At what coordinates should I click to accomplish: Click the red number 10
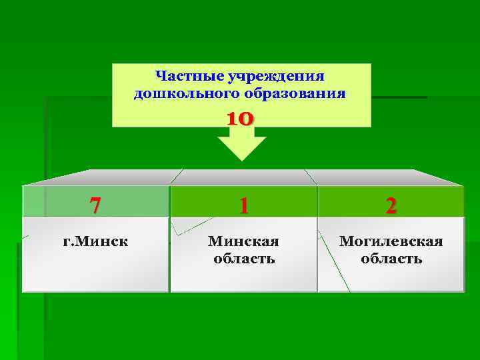coord(240,119)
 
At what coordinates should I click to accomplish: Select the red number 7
coord(95,205)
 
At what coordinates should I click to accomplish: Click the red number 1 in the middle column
coord(244,205)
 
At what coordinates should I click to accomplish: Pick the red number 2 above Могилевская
coord(391,205)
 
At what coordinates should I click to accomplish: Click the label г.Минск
coord(95,241)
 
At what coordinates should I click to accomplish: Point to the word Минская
coord(243,241)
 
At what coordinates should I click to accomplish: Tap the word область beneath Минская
coord(244,258)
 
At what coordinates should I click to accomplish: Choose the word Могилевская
coord(391,241)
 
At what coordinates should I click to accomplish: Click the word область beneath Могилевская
coord(391,258)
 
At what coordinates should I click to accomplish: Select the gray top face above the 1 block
coord(244,177)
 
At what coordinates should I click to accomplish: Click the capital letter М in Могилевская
coord(345,241)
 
